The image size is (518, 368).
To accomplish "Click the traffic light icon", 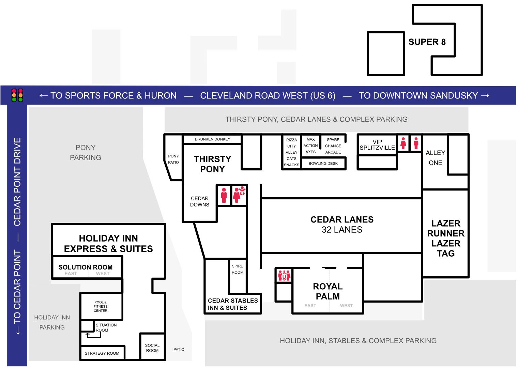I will (17, 95).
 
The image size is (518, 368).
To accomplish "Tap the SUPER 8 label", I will (427, 42).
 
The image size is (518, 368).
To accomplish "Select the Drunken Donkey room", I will (212, 139).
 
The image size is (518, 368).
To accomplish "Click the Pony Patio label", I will (173, 159).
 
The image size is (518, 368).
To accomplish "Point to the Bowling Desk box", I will (323, 164).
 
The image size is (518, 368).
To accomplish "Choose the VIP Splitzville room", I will (377, 145).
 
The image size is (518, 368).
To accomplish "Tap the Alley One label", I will (435, 158).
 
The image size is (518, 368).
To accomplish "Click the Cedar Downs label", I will (200, 201).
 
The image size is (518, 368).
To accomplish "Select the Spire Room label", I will (238, 269).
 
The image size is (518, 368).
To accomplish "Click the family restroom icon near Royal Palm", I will (284, 275).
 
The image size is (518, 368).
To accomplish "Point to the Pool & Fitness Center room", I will (101, 306).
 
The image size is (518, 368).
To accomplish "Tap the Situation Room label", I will (106, 327).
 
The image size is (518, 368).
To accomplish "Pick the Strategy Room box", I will (102, 353).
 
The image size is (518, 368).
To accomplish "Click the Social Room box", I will (152, 348).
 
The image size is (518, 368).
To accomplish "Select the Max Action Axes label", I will (310, 146).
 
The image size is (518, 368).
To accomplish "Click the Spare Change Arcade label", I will (333, 146).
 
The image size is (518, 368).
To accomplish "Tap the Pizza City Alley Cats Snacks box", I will (291, 152).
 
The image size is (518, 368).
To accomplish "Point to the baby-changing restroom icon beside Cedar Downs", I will (239, 195).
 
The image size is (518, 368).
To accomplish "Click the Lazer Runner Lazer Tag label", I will (446, 238).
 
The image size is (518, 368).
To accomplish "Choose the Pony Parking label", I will (86, 153).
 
